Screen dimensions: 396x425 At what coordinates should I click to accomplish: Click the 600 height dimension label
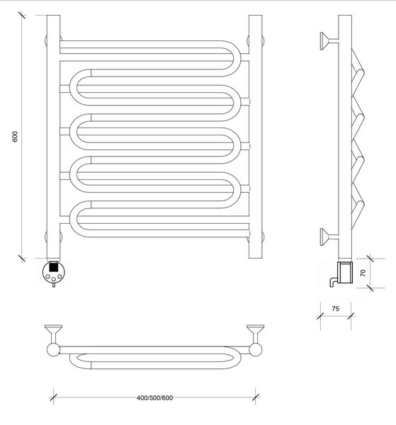[15, 136]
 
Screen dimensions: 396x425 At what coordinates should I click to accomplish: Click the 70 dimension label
[363, 273]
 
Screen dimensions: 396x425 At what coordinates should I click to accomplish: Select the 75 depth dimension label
[336, 309]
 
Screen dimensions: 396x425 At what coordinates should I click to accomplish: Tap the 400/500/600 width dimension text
[154, 398]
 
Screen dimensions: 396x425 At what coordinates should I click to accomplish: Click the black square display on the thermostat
[54, 267]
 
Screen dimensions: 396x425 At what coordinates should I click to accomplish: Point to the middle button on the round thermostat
[54, 278]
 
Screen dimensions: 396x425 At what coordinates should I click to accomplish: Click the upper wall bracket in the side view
[329, 41]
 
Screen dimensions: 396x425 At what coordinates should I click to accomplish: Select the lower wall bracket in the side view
[329, 237]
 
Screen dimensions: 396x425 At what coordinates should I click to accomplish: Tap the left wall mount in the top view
[53, 334]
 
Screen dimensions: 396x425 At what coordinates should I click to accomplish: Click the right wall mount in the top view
[255, 334]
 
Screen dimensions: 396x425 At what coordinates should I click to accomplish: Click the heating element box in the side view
[345, 272]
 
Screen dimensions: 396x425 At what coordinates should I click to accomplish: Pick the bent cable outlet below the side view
[333, 282]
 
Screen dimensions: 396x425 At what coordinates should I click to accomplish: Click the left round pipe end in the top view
[53, 350]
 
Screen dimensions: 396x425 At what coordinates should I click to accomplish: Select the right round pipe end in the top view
[255, 350]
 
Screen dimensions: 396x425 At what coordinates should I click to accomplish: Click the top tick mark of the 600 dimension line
[22, 15]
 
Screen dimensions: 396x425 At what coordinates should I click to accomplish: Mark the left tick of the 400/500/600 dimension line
[53, 397]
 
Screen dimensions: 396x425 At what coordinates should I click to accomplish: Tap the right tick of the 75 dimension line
[351, 316]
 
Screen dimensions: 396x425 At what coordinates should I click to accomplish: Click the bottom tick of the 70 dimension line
[370, 288]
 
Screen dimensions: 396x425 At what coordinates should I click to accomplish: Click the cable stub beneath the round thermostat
[54, 285]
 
